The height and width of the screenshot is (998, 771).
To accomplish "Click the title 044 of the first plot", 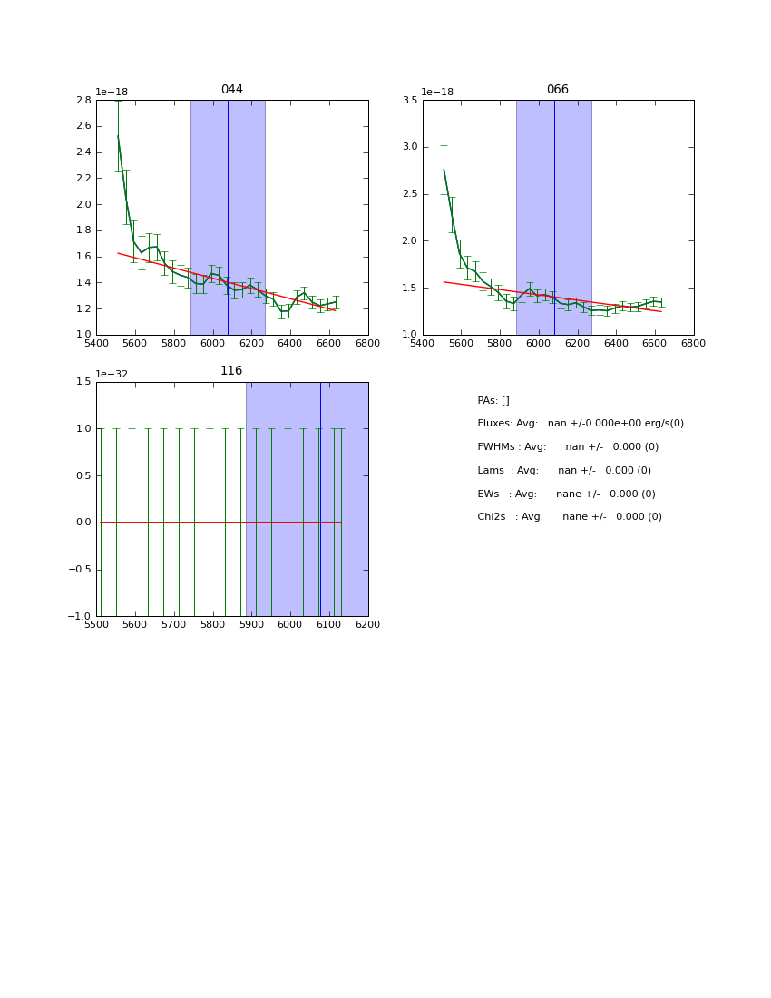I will click(x=232, y=90).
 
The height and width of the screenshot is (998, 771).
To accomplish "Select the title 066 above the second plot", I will click(x=557, y=90).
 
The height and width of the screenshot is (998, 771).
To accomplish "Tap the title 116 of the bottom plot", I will click(x=231, y=371).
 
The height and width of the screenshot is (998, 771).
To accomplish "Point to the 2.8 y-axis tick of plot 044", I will click(x=83, y=101).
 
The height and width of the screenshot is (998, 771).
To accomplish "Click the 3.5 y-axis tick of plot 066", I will click(x=409, y=101).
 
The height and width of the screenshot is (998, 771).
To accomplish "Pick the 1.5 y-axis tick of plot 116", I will click(x=83, y=382).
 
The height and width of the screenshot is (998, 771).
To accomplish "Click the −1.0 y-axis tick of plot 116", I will click(x=80, y=617).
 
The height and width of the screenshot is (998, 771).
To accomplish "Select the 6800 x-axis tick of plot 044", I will click(x=367, y=344).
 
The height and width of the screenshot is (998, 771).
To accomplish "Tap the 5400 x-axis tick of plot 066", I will click(x=423, y=344).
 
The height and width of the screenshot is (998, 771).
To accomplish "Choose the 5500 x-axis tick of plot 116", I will click(x=97, y=625).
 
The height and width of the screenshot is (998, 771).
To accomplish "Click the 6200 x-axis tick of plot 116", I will click(x=367, y=625).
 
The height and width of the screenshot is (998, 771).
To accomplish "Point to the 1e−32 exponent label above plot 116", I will click(x=112, y=374).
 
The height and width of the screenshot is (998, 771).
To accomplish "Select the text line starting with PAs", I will click(x=493, y=401).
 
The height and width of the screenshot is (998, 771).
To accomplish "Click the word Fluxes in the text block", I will click(x=493, y=424).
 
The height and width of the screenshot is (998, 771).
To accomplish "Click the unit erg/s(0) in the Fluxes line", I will click(x=658, y=424).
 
